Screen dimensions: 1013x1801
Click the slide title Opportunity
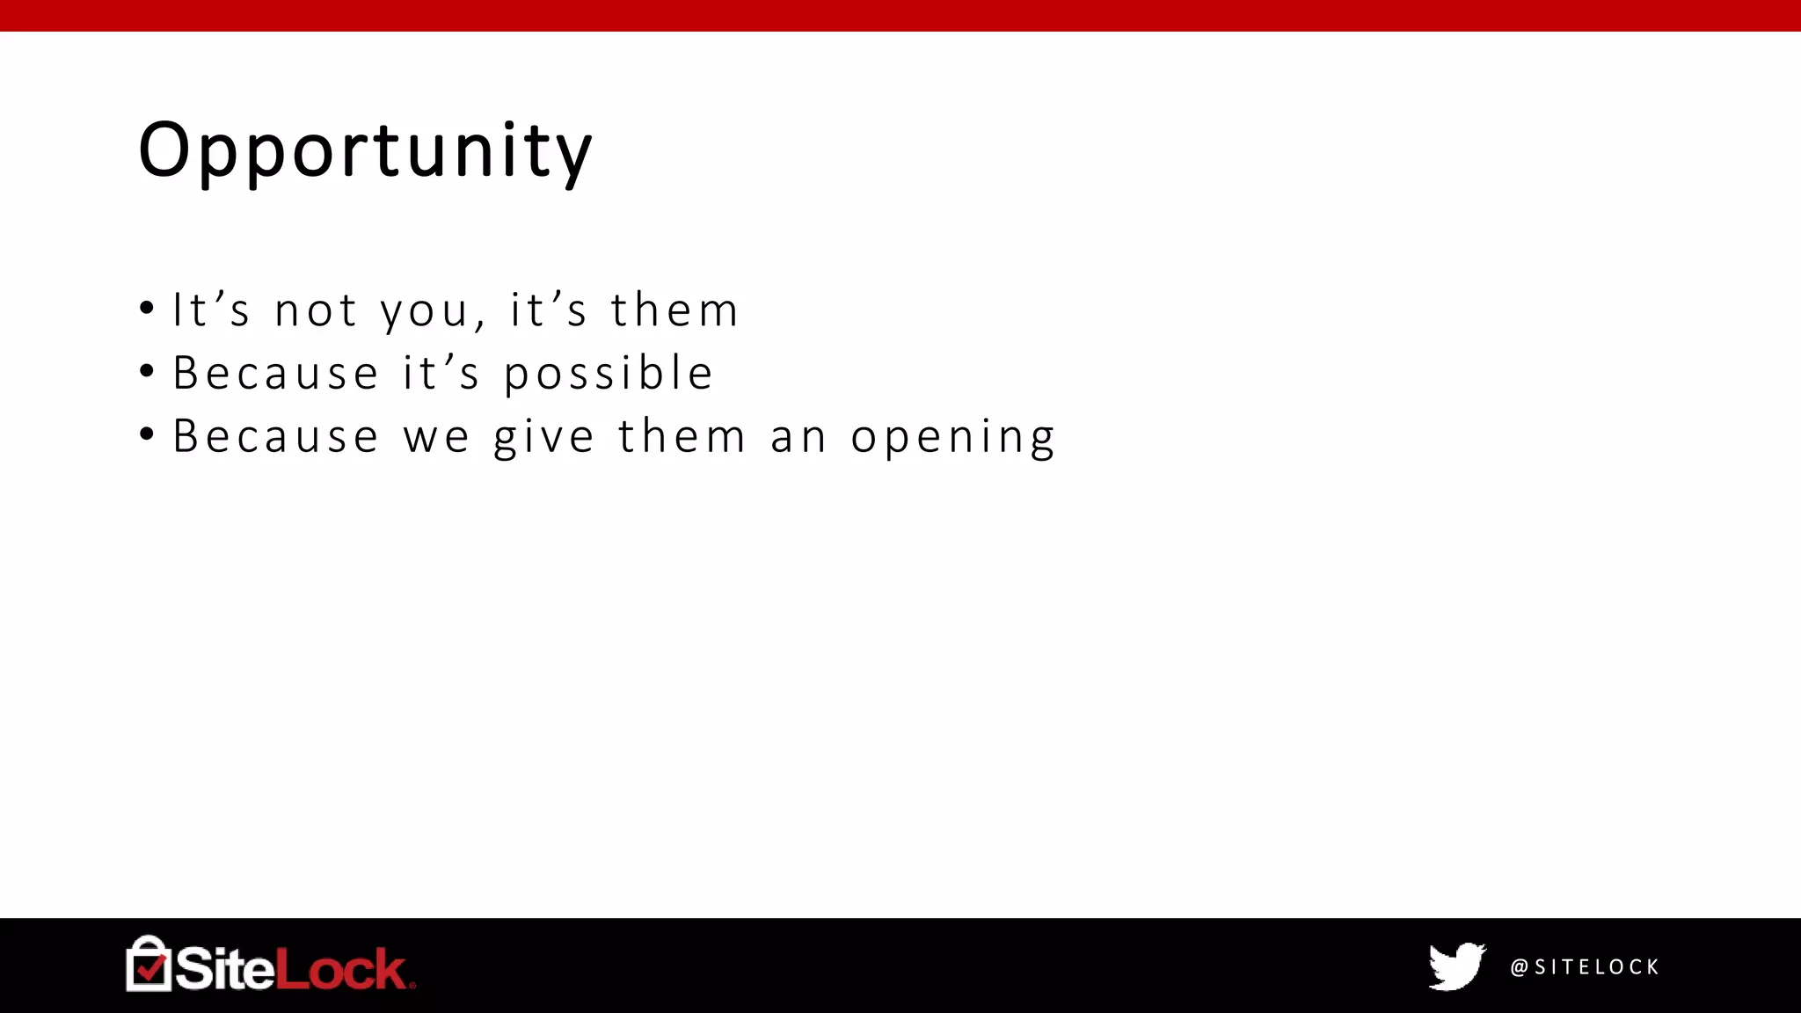[365, 150]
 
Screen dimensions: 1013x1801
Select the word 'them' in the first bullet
[674, 310]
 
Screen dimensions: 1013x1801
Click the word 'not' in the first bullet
[316, 310]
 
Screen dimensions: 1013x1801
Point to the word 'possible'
[609, 374]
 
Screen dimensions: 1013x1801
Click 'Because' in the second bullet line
[275, 373]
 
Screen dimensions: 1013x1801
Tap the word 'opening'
[952, 437]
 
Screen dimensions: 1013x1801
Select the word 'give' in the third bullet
[543, 437]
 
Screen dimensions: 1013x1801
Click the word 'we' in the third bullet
[436, 437]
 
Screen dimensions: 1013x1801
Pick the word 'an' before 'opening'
[798, 437]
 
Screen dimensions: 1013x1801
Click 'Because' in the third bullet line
[275, 436]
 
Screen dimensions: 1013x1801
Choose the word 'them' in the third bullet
[682, 436]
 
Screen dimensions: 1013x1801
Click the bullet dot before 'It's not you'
[147, 309]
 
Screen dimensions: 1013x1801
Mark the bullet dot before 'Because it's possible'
[147, 371]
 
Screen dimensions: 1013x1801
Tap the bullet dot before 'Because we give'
[147, 434]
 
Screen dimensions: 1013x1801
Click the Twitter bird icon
[1456, 966]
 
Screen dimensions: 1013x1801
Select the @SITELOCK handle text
[1585, 967]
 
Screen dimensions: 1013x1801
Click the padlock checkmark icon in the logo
[149, 965]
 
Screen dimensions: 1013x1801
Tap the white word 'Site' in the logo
[224, 969]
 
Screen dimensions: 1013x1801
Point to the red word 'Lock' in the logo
[341, 969]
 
